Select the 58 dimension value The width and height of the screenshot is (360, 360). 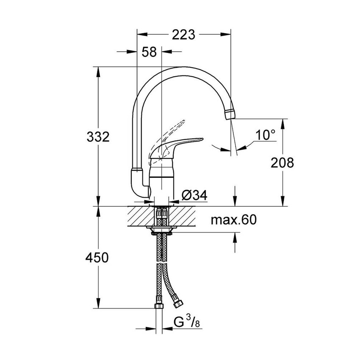(149, 52)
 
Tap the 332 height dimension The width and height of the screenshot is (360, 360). (98, 137)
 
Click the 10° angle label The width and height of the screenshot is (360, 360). (266, 135)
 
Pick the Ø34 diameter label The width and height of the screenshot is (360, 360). (194, 195)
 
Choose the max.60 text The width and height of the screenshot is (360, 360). (234, 220)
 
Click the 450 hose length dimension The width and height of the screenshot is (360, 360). (98, 258)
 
